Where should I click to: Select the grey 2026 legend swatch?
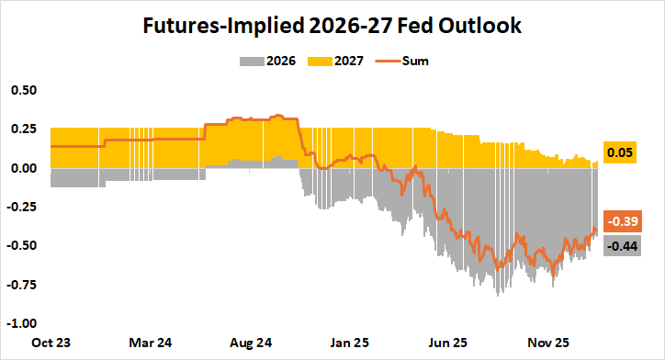point(251,62)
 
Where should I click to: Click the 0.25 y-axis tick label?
point(23,129)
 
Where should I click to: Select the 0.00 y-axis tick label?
point(23,168)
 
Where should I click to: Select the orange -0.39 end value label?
point(621,221)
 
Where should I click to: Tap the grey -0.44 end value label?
point(621,245)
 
